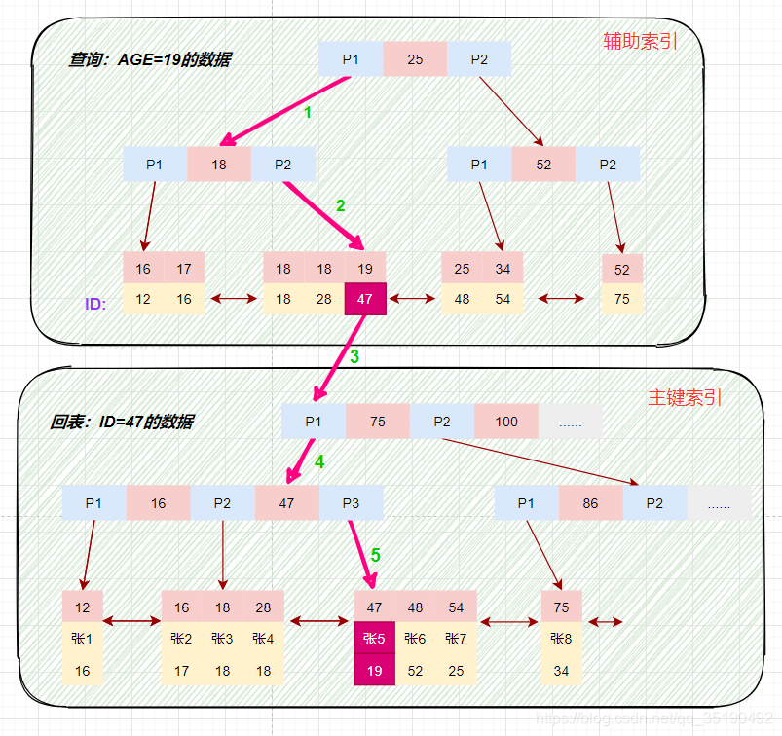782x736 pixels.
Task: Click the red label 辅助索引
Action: pyautogui.click(x=640, y=41)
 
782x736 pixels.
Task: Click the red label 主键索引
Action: pyautogui.click(x=686, y=398)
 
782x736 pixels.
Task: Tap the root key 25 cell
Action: pyautogui.click(x=415, y=59)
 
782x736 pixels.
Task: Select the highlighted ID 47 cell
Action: pyautogui.click(x=365, y=299)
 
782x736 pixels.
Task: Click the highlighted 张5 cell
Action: pyautogui.click(x=374, y=639)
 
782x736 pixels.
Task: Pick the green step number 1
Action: pyautogui.click(x=308, y=113)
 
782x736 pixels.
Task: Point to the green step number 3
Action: pyautogui.click(x=354, y=356)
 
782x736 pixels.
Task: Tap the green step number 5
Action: pyautogui.click(x=375, y=556)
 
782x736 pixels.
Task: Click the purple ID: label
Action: pyautogui.click(x=95, y=304)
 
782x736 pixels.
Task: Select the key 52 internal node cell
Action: pyautogui.click(x=543, y=165)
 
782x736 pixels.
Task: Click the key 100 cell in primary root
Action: pyautogui.click(x=506, y=422)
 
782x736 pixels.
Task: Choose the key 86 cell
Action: pyautogui.click(x=590, y=503)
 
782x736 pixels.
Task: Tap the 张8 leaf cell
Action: pyautogui.click(x=561, y=639)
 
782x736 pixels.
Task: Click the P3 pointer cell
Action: pyautogui.click(x=351, y=503)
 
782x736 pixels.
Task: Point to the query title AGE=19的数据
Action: pyautogui.click(x=150, y=59)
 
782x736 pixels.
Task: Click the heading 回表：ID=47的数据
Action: pyautogui.click(x=122, y=422)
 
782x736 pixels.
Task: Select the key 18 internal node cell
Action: pyautogui.click(x=219, y=165)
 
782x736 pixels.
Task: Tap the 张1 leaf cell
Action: pyautogui.click(x=82, y=639)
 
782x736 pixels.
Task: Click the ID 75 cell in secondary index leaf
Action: pyautogui.click(x=622, y=299)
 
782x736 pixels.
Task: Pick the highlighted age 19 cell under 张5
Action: pyautogui.click(x=374, y=670)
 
